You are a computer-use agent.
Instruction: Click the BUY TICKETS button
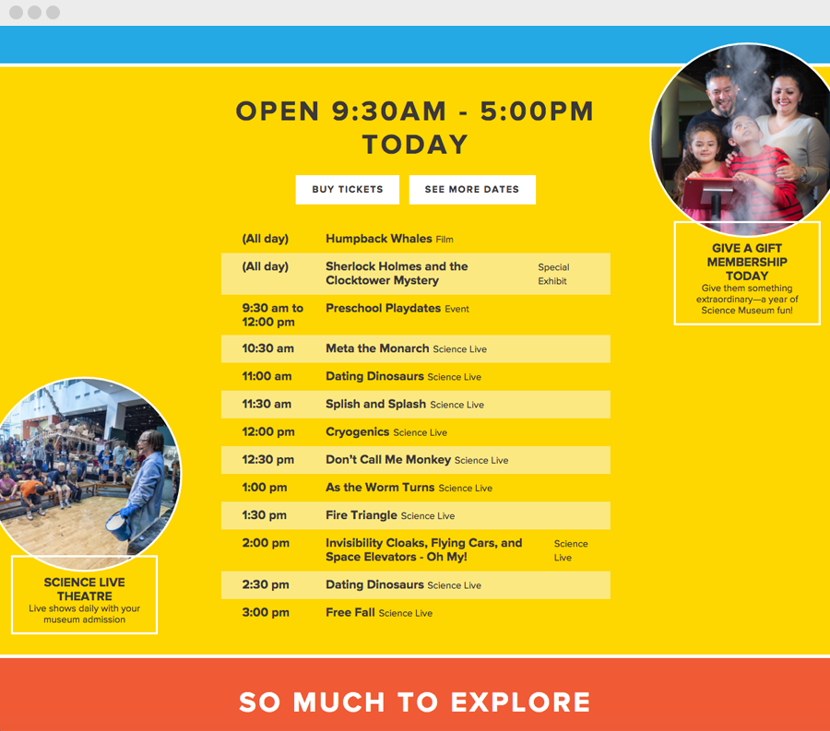tap(347, 189)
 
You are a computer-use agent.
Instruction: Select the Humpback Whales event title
tap(378, 239)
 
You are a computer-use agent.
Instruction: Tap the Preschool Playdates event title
tap(383, 308)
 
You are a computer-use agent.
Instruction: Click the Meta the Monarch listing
tap(377, 348)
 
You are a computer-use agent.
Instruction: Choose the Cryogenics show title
tap(357, 431)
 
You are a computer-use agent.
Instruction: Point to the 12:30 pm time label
tap(268, 459)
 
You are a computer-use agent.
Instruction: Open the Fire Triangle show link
tap(361, 515)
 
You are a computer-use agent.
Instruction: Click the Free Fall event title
tap(350, 612)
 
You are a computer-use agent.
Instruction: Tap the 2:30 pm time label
tap(266, 584)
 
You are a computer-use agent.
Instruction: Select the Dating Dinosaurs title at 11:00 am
tap(374, 376)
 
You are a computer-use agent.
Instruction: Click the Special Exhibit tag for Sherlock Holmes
tap(553, 274)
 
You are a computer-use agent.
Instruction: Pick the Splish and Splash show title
tap(375, 404)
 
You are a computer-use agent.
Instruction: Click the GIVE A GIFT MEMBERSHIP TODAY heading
tap(747, 262)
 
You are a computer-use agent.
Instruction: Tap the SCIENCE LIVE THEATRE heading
tap(84, 589)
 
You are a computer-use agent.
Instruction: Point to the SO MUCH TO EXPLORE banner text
tap(415, 702)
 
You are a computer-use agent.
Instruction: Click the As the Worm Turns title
tap(380, 487)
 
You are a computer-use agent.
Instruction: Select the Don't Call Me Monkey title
tap(387, 459)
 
